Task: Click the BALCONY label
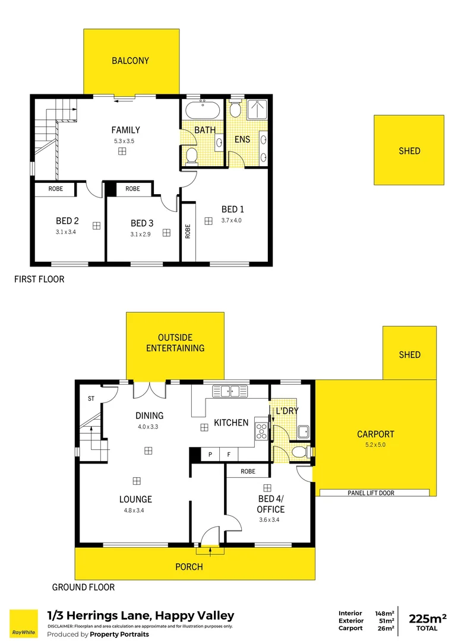tap(130, 61)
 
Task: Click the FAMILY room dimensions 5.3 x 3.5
tap(125, 141)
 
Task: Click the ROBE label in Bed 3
tap(132, 189)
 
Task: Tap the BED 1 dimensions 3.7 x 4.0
tap(232, 220)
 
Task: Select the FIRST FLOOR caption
tap(39, 279)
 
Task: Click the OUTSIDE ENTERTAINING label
tap(175, 343)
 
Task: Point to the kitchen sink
tap(229, 391)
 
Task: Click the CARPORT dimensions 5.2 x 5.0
tap(375, 445)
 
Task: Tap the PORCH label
tap(189, 567)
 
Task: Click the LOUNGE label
tap(135, 499)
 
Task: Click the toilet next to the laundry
tap(301, 453)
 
